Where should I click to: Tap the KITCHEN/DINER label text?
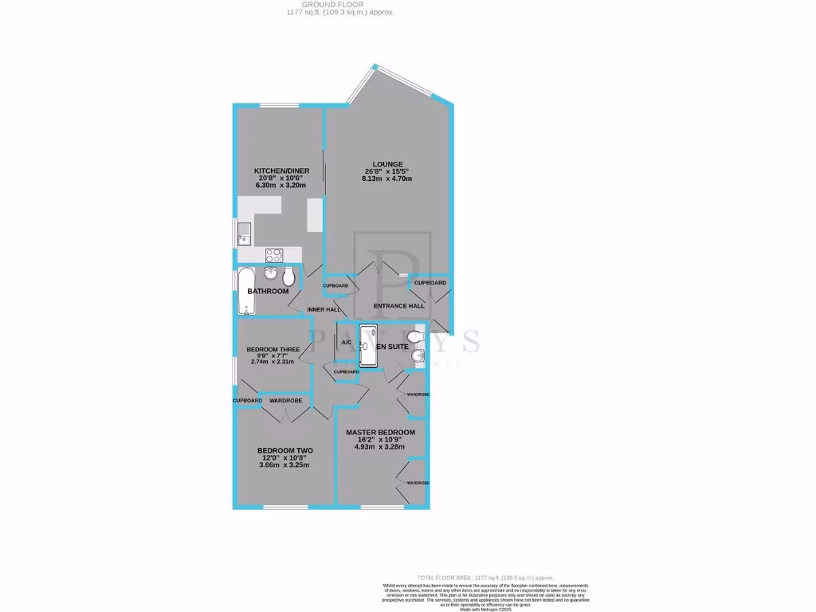click(277, 171)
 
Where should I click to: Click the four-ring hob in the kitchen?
click(274, 255)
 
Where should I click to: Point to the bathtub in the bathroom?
click(245, 292)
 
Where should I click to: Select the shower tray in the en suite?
click(371, 346)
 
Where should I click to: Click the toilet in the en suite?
click(414, 338)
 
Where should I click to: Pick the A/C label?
click(347, 343)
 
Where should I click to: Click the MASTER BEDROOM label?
click(380, 432)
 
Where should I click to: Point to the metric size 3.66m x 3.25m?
click(284, 465)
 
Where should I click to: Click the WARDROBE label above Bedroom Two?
click(285, 400)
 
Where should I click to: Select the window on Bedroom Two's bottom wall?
click(285, 507)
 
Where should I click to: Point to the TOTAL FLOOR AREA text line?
click(485, 577)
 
